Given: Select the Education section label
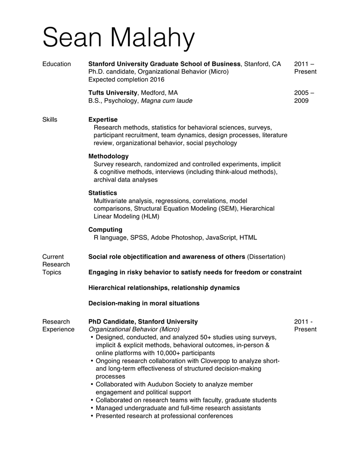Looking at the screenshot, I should click(56, 64).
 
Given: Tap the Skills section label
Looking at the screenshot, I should click(50, 120).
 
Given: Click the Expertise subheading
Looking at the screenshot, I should click(103, 120).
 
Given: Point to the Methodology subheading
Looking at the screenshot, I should click(108, 156).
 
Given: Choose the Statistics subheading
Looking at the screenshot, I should click(102, 193).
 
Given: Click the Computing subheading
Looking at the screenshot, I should click(105, 229).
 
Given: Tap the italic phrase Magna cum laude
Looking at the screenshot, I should click(167, 101).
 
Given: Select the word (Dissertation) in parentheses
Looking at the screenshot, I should click(266, 257).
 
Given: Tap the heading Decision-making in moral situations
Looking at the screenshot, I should click(144, 303).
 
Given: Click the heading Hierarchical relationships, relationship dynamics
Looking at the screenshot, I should click(164, 288).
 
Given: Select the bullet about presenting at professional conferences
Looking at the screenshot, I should click(164, 416).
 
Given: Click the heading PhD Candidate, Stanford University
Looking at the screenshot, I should click(143, 321).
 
